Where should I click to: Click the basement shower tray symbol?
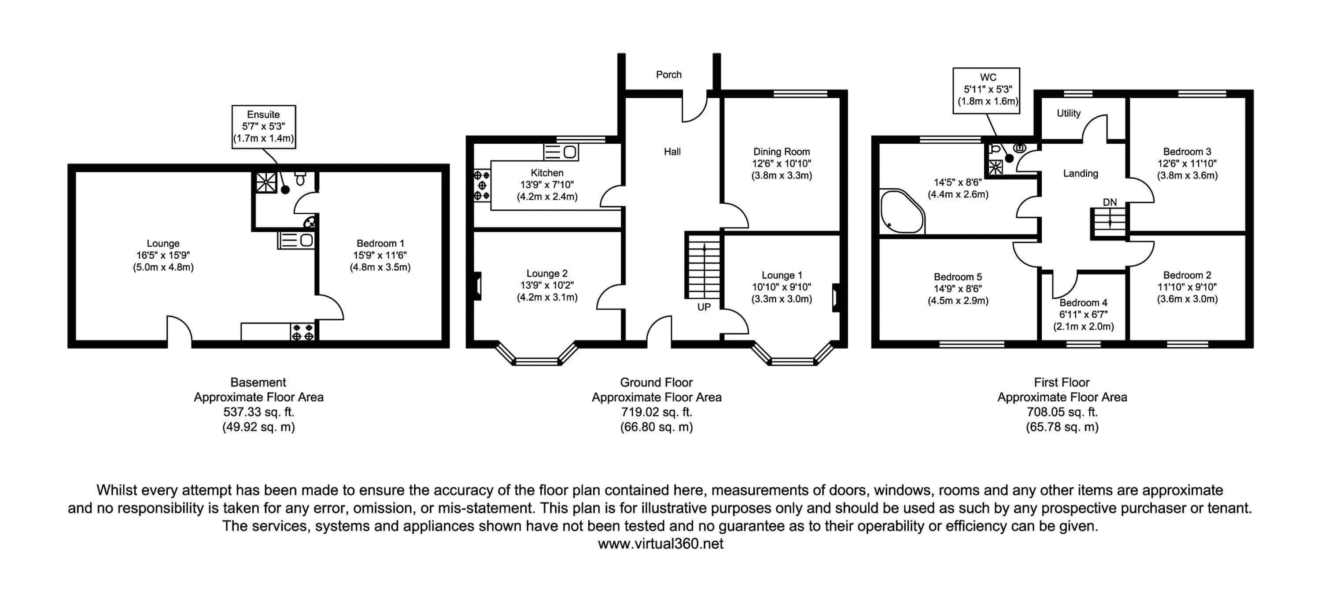pyautogui.click(x=266, y=182)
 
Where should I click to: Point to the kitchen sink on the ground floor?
pyautogui.click(x=561, y=152)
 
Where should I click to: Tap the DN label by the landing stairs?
pyautogui.click(x=1110, y=202)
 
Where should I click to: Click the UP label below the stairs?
pyautogui.click(x=704, y=307)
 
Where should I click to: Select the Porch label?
pyautogui.click(x=669, y=75)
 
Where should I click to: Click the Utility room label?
pyautogui.click(x=1069, y=113)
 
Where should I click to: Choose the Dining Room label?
pyautogui.click(x=782, y=152)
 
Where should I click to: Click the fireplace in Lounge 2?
pyautogui.click(x=477, y=286)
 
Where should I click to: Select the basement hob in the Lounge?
pyautogui.click(x=303, y=331)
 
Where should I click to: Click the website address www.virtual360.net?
pyautogui.click(x=660, y=544)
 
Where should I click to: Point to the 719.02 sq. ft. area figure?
pyautogui.click(x=657, y=412)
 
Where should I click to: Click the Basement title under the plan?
pyautogui.click(x=258, y=383)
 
